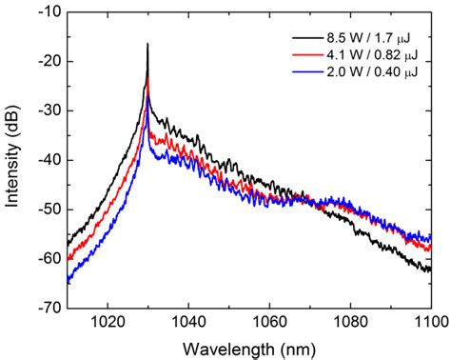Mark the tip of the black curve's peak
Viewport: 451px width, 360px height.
pos(147,44)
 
